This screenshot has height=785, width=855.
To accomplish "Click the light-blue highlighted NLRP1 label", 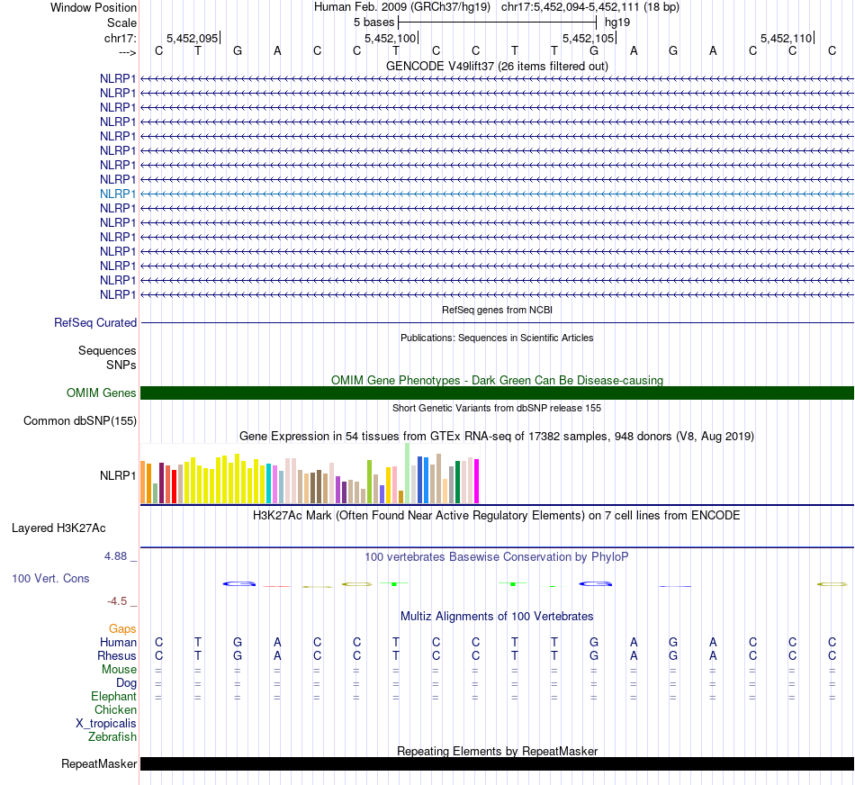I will point(118,194).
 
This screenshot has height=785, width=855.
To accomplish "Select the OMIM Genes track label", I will point(102,393).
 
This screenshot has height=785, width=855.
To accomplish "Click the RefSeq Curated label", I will point(95,322).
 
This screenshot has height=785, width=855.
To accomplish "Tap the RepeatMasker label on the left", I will point(99,764).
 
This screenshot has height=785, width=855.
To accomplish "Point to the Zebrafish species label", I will point(112,737).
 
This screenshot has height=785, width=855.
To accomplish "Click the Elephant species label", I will point(113,697).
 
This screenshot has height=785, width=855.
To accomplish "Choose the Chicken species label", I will point(115,710).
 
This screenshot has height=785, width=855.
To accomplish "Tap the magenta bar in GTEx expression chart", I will point(476,482).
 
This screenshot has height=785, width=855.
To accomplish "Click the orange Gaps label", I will point(123,628).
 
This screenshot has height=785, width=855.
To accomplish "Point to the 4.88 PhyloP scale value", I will point(121,556).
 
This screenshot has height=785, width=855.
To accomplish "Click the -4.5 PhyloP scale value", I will point(121,600).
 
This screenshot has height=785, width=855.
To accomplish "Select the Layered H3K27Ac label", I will point(58,528).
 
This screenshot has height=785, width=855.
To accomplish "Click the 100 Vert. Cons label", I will point(50,578).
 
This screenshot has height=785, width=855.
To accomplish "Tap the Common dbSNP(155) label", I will point(80,420).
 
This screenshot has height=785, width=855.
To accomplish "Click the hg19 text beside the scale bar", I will point(616,22).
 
